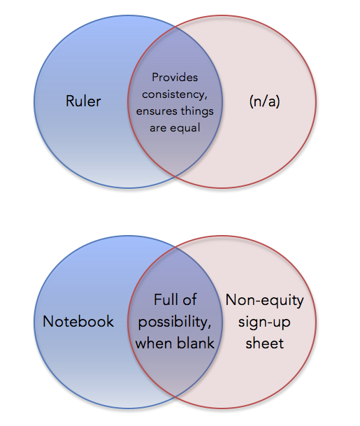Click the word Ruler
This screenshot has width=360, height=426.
click(x=83, y=101)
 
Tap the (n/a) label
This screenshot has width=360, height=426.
click(x=264, y=101)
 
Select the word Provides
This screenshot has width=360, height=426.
click(x=175, y=78)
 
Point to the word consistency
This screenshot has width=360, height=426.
click(x=175, y=94)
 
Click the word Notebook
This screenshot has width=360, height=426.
click(x=78, y=321)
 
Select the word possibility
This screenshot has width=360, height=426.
click(x=175, y=322)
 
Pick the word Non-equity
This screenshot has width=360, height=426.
click(x=265, y=301)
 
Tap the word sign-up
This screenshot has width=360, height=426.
click(x=264, y=322)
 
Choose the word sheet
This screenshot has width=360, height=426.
click(x=265, y=343)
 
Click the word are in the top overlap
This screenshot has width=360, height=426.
click(x=157, y=128)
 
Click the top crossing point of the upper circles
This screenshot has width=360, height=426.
click(x=175, y=27)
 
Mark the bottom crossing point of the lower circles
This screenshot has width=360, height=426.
click(x=175, y=397)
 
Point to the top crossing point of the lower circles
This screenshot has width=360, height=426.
click(x=175, y=247)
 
